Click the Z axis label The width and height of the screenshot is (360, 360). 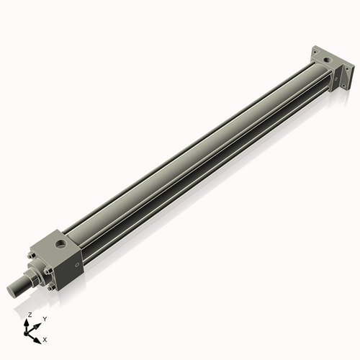pos(29,315)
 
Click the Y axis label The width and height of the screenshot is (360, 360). pos(45,318)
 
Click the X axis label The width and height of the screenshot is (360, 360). pos(45,338)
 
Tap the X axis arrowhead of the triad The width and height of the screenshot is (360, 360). pos(38,336)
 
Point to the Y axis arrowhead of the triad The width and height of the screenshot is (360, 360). pos(38,323)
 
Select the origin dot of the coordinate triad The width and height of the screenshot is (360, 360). pos(29,331)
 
